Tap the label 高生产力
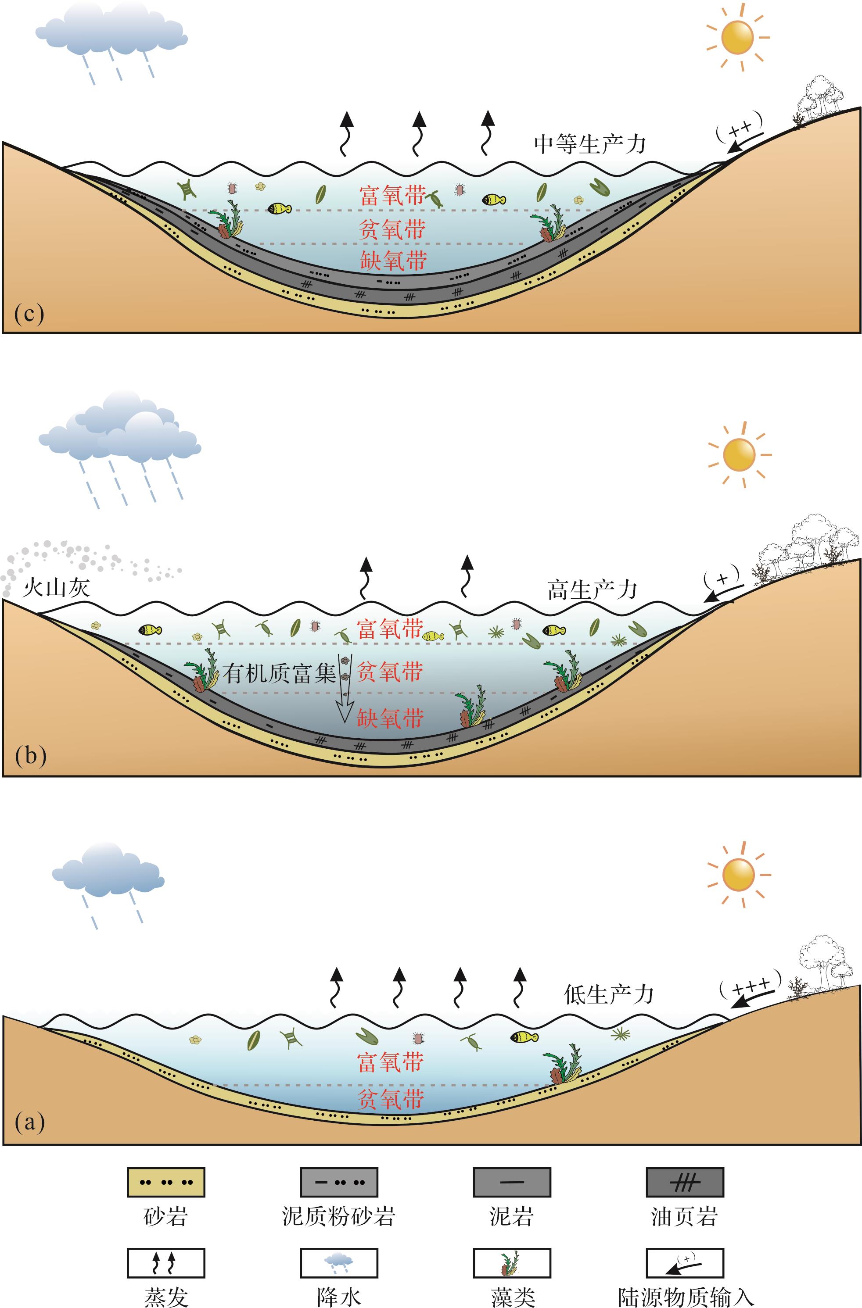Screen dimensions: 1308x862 point(592,591)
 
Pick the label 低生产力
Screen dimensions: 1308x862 point(609,995)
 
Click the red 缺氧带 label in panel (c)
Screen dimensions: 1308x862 point(394,261)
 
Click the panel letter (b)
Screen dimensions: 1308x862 point(30,756)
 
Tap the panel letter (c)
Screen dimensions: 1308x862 point(29,314)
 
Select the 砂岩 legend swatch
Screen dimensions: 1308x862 point(166,1182)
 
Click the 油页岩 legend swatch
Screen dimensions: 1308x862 point(684,1182)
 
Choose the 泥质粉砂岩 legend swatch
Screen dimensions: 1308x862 point(339,1182)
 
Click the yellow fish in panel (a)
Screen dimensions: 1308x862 point(524,1037)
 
